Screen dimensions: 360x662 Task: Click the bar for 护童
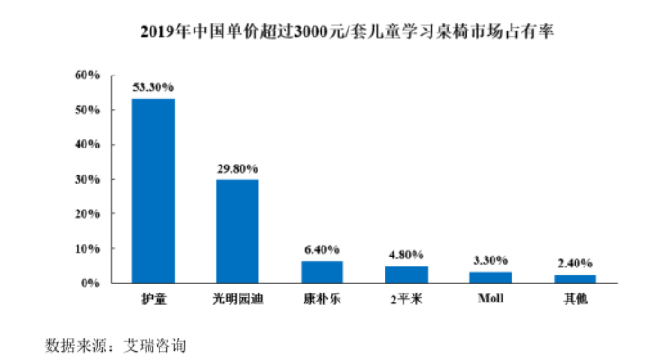pos(153,191)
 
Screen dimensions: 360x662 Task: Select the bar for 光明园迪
pos(238,231)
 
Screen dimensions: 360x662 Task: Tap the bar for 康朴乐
pos(322,272)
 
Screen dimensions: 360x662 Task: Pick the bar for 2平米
pos(406,274)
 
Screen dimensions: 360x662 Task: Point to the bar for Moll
pos(491,277)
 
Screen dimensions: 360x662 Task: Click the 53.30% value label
pos(153,87)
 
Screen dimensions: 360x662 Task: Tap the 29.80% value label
pos(238,168)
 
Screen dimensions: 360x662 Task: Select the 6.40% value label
pos(322,249)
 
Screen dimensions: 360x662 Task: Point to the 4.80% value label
pos(406,255)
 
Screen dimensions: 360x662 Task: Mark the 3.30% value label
pos(491,260)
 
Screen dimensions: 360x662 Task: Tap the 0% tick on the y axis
pos(89,283)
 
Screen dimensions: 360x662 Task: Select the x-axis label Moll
pos(491,299)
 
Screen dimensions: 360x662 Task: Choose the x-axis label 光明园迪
pos(238,299)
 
